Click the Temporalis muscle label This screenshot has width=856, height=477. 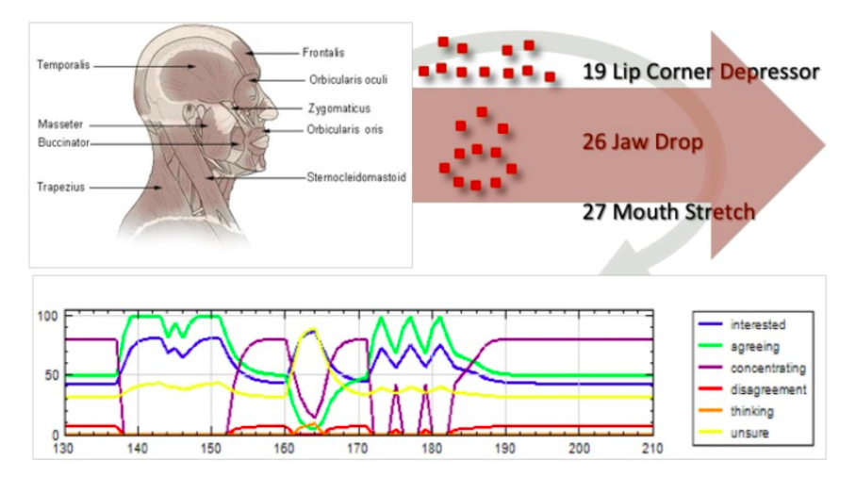[64, 65]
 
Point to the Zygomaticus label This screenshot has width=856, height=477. [338, 108]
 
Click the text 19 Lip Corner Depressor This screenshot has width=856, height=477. [700, 72]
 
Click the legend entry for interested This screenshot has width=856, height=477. [759, 324]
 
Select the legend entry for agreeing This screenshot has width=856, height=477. [755, 346]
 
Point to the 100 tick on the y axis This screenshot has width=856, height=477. [46, 315]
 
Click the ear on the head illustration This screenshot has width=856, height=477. [201, 116]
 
